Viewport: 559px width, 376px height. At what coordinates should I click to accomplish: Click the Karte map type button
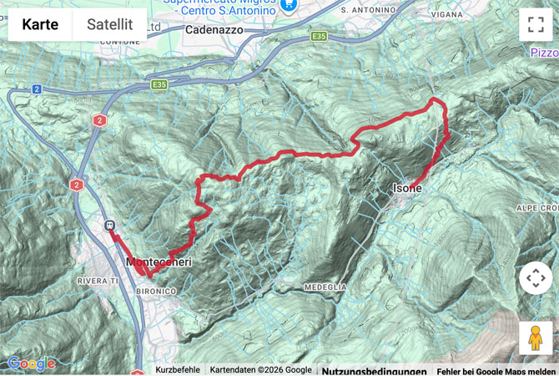(x=40, y=24)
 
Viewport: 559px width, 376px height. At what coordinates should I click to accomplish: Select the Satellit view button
(x=109, y=24)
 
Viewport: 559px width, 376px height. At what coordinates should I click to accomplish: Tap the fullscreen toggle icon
(x=535, y=24)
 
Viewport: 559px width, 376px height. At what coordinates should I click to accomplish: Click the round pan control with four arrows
(x=535, y=278)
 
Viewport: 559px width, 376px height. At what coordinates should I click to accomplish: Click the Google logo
(x=31, y=363)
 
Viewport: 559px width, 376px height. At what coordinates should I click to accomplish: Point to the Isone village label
(x=408, y=189)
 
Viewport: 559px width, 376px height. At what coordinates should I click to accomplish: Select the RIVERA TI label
(x=99, y=280)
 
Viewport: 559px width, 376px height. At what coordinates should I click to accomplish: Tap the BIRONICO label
(x=157, y=290)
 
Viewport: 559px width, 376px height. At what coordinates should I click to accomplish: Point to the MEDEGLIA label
(x=325, y=287)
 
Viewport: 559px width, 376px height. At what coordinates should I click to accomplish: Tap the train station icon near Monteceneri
(x=108, y=226)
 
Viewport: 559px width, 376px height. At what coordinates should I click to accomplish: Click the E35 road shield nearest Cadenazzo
(x=319, y=37)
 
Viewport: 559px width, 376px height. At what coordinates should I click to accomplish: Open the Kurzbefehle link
(x=177, y=370)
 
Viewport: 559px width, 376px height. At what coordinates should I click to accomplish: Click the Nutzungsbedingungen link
(x=374, y=370)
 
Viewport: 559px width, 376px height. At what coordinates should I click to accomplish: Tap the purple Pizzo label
(x=544, y=52)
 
